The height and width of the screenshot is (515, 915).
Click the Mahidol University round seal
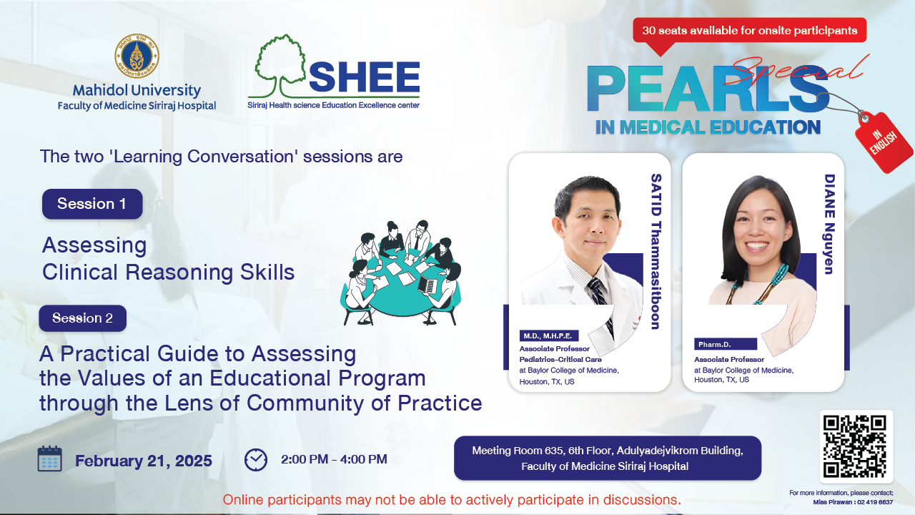coord(137,56)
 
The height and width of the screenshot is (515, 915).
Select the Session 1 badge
coord(92,204)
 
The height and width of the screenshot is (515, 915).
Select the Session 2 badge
coord(82,318)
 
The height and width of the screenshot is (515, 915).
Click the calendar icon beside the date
coord(50,459)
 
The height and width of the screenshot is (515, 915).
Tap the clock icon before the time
coord(256,460)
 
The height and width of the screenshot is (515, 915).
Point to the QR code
coord(854,446)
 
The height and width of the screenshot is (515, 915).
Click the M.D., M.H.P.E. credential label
coord(548,336)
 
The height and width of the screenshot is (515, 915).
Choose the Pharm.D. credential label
coord(726,344)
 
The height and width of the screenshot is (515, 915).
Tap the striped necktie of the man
coord(600,302)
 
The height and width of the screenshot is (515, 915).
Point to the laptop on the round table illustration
coord(427,285)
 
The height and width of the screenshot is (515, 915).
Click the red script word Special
coord(796,70)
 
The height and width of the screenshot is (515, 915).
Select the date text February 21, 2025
coord(144,461)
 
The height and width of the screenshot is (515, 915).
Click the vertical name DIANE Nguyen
coord(829,224)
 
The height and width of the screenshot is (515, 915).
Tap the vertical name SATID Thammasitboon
coord(656,251)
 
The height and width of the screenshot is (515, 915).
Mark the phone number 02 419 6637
coord(875,502)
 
